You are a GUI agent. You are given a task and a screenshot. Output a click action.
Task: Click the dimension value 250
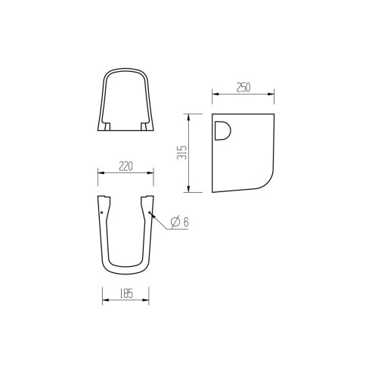(242, 88)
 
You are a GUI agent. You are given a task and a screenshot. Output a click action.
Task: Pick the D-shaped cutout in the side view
(224, 131)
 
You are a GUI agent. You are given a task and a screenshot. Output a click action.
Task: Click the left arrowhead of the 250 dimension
(214, 95)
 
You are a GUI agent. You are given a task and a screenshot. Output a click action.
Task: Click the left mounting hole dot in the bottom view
(102, 212)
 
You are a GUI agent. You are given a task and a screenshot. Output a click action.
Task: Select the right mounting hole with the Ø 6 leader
(150, 213)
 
